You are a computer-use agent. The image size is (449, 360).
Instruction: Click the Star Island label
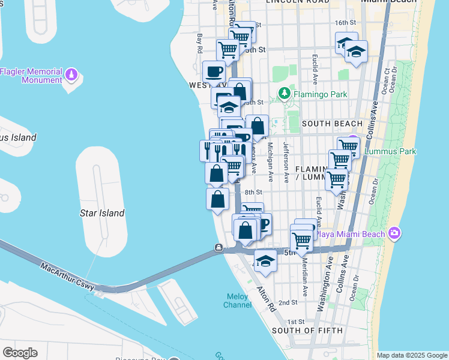(x=102, y=213)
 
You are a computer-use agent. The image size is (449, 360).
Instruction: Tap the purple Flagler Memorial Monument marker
(x=72, y=75)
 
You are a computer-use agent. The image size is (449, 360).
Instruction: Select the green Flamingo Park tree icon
(x=284, y=94)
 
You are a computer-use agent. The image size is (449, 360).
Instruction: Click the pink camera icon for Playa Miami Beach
(x=394, y=233)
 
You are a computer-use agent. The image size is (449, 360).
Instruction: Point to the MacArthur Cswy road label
(x=67, y=277)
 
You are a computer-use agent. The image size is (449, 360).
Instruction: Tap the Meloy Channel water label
(x=238, y=301)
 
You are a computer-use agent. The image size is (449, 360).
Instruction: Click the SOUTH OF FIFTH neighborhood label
(x=307, y=330)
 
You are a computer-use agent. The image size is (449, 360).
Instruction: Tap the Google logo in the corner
(x=20, y=353)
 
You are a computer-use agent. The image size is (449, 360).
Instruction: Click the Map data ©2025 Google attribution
(x=411, y=355)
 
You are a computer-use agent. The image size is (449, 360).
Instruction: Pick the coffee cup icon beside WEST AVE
(x=214, y=73)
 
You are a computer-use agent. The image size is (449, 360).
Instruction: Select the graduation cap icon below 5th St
(x=265, y=262)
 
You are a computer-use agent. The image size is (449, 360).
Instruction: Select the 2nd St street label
(x=288, y=302)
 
